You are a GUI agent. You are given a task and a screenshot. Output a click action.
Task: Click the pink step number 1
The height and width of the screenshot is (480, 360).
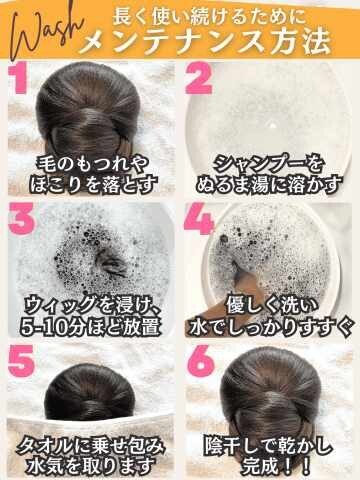(18, 79)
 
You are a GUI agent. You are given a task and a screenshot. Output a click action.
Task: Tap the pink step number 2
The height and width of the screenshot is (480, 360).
(199, 79)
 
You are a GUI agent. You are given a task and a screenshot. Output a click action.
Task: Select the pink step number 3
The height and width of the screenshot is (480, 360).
(22, 218)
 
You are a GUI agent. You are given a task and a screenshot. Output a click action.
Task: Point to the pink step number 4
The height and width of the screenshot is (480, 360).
(199, 219)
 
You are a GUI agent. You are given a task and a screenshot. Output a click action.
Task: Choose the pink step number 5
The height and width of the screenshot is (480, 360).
(22, 361)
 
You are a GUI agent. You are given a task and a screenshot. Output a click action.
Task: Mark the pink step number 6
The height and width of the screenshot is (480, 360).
(201, 361)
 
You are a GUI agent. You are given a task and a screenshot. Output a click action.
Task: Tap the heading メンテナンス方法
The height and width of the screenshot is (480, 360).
(205, 42)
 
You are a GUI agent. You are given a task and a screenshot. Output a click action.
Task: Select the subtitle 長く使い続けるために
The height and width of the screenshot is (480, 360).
(209, 16)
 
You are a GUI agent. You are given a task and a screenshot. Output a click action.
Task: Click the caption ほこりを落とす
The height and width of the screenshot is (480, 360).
(93, 184)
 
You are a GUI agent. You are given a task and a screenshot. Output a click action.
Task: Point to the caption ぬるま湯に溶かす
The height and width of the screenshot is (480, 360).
(269, 184)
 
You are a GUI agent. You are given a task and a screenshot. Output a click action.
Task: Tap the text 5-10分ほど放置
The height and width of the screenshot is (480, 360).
(91, 326)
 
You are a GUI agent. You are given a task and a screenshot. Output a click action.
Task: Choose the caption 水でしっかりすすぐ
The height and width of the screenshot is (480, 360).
(270, 326)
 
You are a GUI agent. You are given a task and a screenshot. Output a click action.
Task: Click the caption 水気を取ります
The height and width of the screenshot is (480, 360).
(92, 465)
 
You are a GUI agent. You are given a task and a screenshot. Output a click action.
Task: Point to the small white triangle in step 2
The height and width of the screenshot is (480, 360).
(273, 126)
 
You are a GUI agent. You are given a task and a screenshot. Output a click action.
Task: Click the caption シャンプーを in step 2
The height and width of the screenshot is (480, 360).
(269, 164)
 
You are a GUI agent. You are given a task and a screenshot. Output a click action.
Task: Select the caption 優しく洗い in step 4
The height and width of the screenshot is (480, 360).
(272, 306)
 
